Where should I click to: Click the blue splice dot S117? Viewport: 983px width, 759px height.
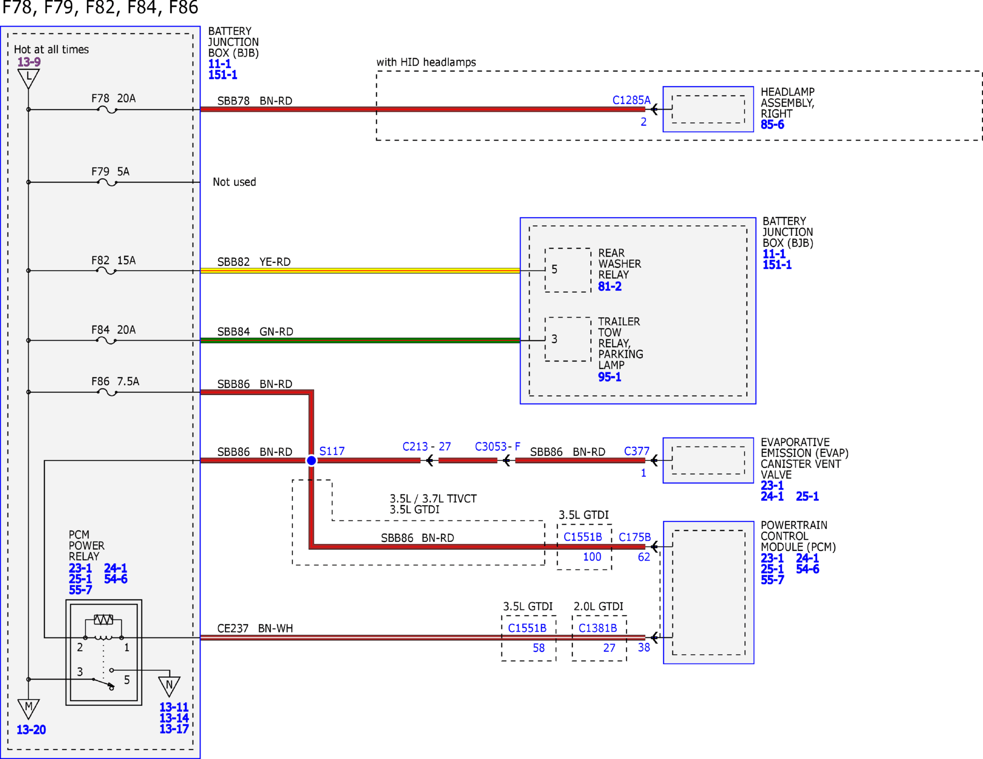click(x=312, y=460)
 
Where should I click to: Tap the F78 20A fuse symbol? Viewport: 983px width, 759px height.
click(x=107, y=110)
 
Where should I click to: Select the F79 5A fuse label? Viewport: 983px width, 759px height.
click(x=110, y=172)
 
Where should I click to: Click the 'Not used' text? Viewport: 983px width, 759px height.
click(x=234, y=182)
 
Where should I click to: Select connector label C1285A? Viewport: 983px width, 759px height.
click(x=631, y=100)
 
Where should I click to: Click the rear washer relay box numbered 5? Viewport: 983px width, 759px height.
click(x=568, y=270)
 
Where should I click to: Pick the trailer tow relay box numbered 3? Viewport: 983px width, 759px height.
click(x=568, y=339)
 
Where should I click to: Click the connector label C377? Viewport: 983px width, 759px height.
click(x=636, y=451)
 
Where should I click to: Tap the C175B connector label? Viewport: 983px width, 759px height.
click(x=635, y=537)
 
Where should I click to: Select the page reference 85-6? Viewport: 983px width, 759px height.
click(x=772, y=125)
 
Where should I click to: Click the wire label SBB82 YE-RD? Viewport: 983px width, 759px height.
click(x=254, y=262)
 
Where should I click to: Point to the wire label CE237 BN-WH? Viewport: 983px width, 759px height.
click(x=255, y=628)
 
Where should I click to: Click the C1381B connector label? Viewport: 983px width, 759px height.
click(x=598, y=628)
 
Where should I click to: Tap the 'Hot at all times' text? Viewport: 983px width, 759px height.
click(x=51, y=49)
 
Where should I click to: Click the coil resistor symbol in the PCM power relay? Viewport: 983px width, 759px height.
click(x=103, y=620)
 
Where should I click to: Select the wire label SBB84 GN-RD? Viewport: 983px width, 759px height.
click(x=255, y=331)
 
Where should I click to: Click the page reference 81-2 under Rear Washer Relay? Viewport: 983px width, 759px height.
click(x=610, y=287)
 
